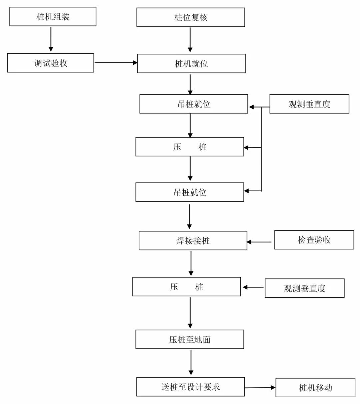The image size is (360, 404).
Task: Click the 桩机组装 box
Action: click(x=53, y=17)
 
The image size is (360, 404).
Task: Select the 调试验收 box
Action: click(x=51, y=63)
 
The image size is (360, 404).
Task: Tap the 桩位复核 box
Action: click(x=191, y=17)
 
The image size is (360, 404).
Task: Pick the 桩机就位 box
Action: click(x=191, y=63)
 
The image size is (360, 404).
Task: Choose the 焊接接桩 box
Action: click(x=193, y=240)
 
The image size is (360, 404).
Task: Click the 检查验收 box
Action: click(x=314, y=240)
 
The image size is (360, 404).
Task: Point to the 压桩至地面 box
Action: click(x=190, y=339)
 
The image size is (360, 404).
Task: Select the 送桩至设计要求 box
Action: click(x=190, y=387)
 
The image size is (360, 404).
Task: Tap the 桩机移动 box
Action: click(x=315, y=387)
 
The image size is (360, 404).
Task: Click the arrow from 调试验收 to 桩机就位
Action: click(x=116, y=63)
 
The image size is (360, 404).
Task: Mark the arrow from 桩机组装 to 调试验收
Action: click(x=51, y=39)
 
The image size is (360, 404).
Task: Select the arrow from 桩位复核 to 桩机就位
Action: click(x=190, y=40)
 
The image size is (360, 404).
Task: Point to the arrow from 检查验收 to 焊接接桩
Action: click(x=260, y=242)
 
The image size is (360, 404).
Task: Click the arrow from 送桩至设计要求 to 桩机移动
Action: click(x=260, y=387)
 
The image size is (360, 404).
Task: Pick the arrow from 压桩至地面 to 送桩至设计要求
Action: click(x=191, y=363)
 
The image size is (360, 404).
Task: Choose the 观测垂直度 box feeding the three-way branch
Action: click(x=309, y=104)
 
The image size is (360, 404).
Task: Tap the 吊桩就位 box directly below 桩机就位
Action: click(x=194, y=104)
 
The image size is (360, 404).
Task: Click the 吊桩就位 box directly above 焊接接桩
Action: click(x=190, y=192)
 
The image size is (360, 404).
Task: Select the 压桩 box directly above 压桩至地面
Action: click(x=186, y=287)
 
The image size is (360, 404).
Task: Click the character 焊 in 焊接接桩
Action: click(x=180, y=241)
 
